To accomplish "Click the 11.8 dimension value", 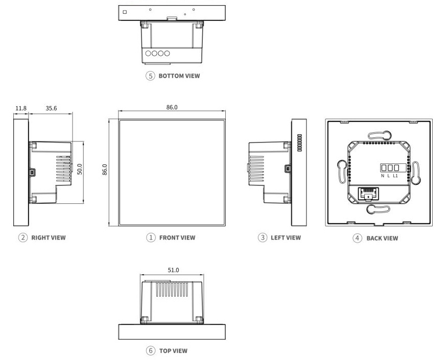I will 20,108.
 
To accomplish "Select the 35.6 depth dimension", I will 51,108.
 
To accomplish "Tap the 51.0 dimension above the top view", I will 174,270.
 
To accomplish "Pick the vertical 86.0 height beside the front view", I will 105,170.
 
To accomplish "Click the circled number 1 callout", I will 151,237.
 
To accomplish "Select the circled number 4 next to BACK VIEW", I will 358,238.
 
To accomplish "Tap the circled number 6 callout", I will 150,351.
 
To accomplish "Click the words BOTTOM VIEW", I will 179,76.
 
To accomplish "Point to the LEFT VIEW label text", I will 286,237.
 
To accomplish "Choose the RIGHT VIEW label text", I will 49,237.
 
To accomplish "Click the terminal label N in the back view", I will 383,176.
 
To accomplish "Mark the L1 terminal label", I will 395,176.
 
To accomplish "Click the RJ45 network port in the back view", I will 367,194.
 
